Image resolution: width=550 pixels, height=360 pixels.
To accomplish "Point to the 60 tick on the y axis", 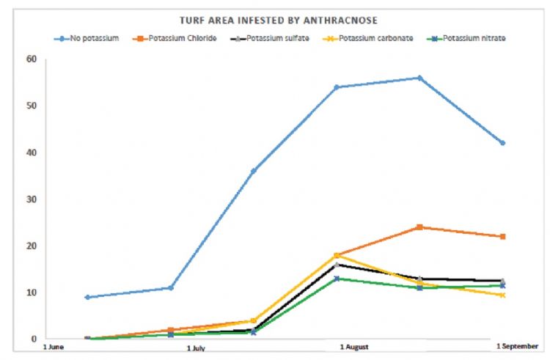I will point(31,59).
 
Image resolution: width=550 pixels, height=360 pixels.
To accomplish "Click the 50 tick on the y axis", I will point(31,106).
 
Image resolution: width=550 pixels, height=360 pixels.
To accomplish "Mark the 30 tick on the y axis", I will point(31,199).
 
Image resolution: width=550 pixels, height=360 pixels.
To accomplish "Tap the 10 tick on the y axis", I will point(31,293).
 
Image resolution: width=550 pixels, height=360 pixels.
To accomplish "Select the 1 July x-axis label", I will point(196,348).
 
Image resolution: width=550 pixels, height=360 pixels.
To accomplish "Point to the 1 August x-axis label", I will point(353,347).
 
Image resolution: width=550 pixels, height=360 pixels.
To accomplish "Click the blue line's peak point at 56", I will point(419,78).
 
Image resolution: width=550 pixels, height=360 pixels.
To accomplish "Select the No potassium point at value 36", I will point(253,171).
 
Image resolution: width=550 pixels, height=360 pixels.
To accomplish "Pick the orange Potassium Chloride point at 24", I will point(419,227).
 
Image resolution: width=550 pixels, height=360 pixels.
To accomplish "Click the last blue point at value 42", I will point(502,143).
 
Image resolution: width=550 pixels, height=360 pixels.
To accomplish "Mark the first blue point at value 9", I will point(87,297).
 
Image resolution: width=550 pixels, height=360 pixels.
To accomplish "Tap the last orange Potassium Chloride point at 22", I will point(502,237).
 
